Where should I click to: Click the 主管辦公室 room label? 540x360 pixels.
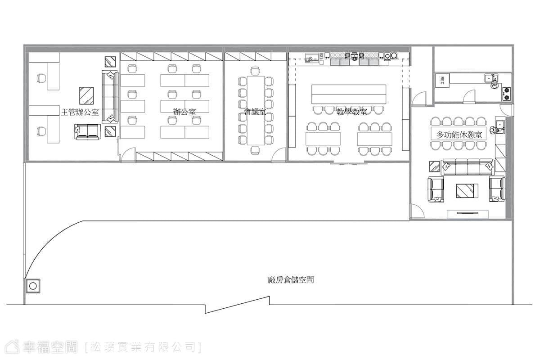coord(80,112)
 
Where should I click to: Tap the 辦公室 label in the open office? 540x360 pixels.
coord(184,112)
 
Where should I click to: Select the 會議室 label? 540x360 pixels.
coord(255,112)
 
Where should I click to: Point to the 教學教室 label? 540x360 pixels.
coord(352,112)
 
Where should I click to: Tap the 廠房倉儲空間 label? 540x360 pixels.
coord(291,280)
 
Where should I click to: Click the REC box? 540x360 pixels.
coord(442,80)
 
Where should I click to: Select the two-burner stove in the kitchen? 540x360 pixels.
coord(507,94)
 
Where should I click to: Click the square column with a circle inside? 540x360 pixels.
coord(33,286)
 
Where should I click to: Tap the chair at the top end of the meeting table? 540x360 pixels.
coord(255,71)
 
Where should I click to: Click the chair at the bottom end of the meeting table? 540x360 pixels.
coord(255,150)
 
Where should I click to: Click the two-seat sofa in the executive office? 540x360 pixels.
coord(87,132)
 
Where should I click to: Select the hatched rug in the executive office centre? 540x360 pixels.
coord(86,95)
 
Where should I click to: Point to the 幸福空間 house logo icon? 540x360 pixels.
coord(12,347)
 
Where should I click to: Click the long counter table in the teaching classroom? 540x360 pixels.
coord(349,94)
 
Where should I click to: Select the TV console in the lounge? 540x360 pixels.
coord(468,214)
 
